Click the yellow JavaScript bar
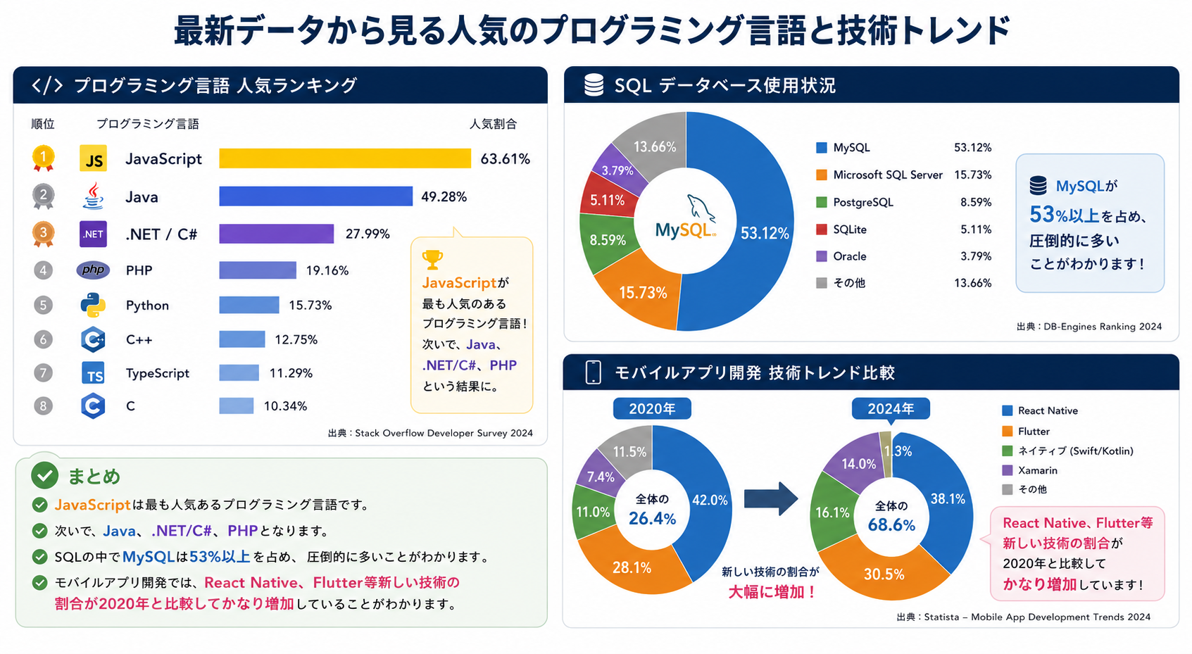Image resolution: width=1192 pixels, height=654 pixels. coord(345,158)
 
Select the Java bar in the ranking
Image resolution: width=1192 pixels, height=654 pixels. coord(315,196)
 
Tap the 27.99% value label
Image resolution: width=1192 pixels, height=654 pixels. coord(368,234)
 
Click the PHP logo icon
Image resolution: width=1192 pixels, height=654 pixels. coord(93,270)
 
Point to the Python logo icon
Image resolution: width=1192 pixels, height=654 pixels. coord(93,305)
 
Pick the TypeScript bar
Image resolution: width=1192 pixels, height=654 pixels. coord(239,372)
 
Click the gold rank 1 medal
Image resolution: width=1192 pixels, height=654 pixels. coord(43,158)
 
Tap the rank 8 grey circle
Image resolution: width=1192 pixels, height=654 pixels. coord(43,406)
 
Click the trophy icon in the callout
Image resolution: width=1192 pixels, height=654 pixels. coord(432,260)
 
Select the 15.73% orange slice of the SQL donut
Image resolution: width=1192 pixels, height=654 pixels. coord(639,291)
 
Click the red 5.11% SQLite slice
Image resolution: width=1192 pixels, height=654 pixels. coord(607,197)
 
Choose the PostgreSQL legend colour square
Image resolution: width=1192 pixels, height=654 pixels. coord(822,202)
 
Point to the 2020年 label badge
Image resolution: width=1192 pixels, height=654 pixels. coord(652,409)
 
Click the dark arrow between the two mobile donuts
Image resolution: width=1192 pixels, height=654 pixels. coord(770,498)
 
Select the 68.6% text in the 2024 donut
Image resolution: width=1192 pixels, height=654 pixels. coord(891,525)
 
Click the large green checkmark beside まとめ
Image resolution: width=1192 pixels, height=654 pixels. coord(44,475)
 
